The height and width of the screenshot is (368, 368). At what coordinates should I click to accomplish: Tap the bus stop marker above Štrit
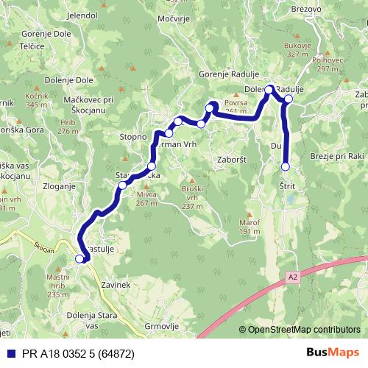pos(286,167)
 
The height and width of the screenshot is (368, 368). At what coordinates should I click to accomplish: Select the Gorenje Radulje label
pos(227,74)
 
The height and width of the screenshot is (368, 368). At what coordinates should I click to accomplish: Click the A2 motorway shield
pos(292,276)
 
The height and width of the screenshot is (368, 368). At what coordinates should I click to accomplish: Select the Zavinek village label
pos(117,284)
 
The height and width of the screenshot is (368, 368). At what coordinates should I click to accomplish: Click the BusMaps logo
pos(333,352)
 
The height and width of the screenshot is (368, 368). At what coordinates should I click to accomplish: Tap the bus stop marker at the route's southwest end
pos(80,258)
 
